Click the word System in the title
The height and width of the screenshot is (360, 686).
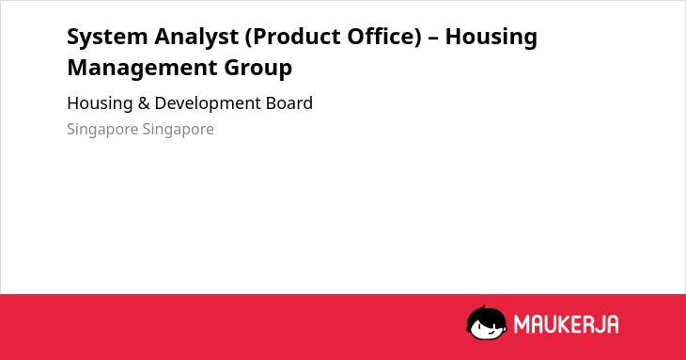[107, 38]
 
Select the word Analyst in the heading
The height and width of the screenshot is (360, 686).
[196, 38]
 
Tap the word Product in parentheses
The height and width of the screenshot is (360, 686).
[293, 37]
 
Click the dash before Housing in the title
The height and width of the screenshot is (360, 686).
[433, 38]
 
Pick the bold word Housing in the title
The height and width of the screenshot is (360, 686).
[491, 38]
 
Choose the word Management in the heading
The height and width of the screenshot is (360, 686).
[142, 69]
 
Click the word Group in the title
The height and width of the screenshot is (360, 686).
[258, 69]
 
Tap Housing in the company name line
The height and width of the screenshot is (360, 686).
[100, 103]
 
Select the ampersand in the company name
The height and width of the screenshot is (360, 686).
[144, 103]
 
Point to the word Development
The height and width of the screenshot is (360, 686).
[207, 103]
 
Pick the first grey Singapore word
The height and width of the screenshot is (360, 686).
[101, 130]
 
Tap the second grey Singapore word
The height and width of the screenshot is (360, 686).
[178, 130]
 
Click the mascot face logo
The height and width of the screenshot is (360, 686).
[487, 322]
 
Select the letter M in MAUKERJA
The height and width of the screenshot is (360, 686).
[521, 324]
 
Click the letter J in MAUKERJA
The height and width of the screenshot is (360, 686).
[599, 324]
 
